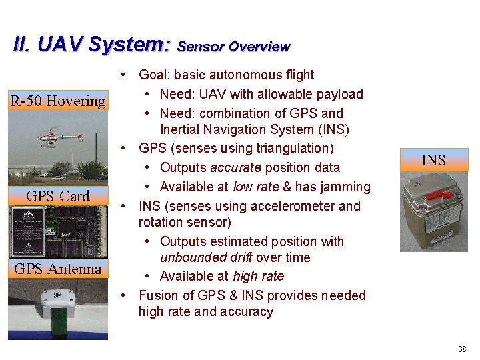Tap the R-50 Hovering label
pos(58,101)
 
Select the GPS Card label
pos(57,196)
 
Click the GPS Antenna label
pos(58,269)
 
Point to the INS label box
pos(434,160)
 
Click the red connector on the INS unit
pos(435,196)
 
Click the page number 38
pos(462,349)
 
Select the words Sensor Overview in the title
pos(234,47)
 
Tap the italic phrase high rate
pos(258,276)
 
